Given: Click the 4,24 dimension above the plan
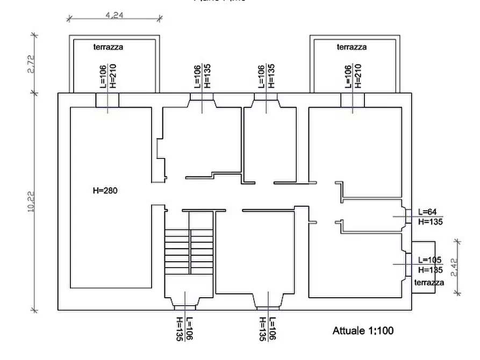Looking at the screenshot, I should (115, 16).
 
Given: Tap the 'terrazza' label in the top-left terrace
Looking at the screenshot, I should (108, 47).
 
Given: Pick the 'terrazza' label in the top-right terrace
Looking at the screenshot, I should (352, 47).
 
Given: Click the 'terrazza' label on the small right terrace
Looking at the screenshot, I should (429, 283).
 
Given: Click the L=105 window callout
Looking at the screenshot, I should (429, 260).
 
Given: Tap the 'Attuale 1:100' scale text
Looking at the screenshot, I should (363, 330).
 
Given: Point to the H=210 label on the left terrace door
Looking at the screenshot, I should (112, 76).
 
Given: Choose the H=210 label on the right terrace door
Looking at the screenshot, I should (358, 76).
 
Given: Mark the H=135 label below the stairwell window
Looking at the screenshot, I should (179, 329).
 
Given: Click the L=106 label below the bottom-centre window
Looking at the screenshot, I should (273, 329).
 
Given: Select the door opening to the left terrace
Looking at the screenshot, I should (108, 100).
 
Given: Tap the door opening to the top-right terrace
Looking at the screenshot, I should (353, 100).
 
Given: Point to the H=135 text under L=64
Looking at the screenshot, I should (429, 221).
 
